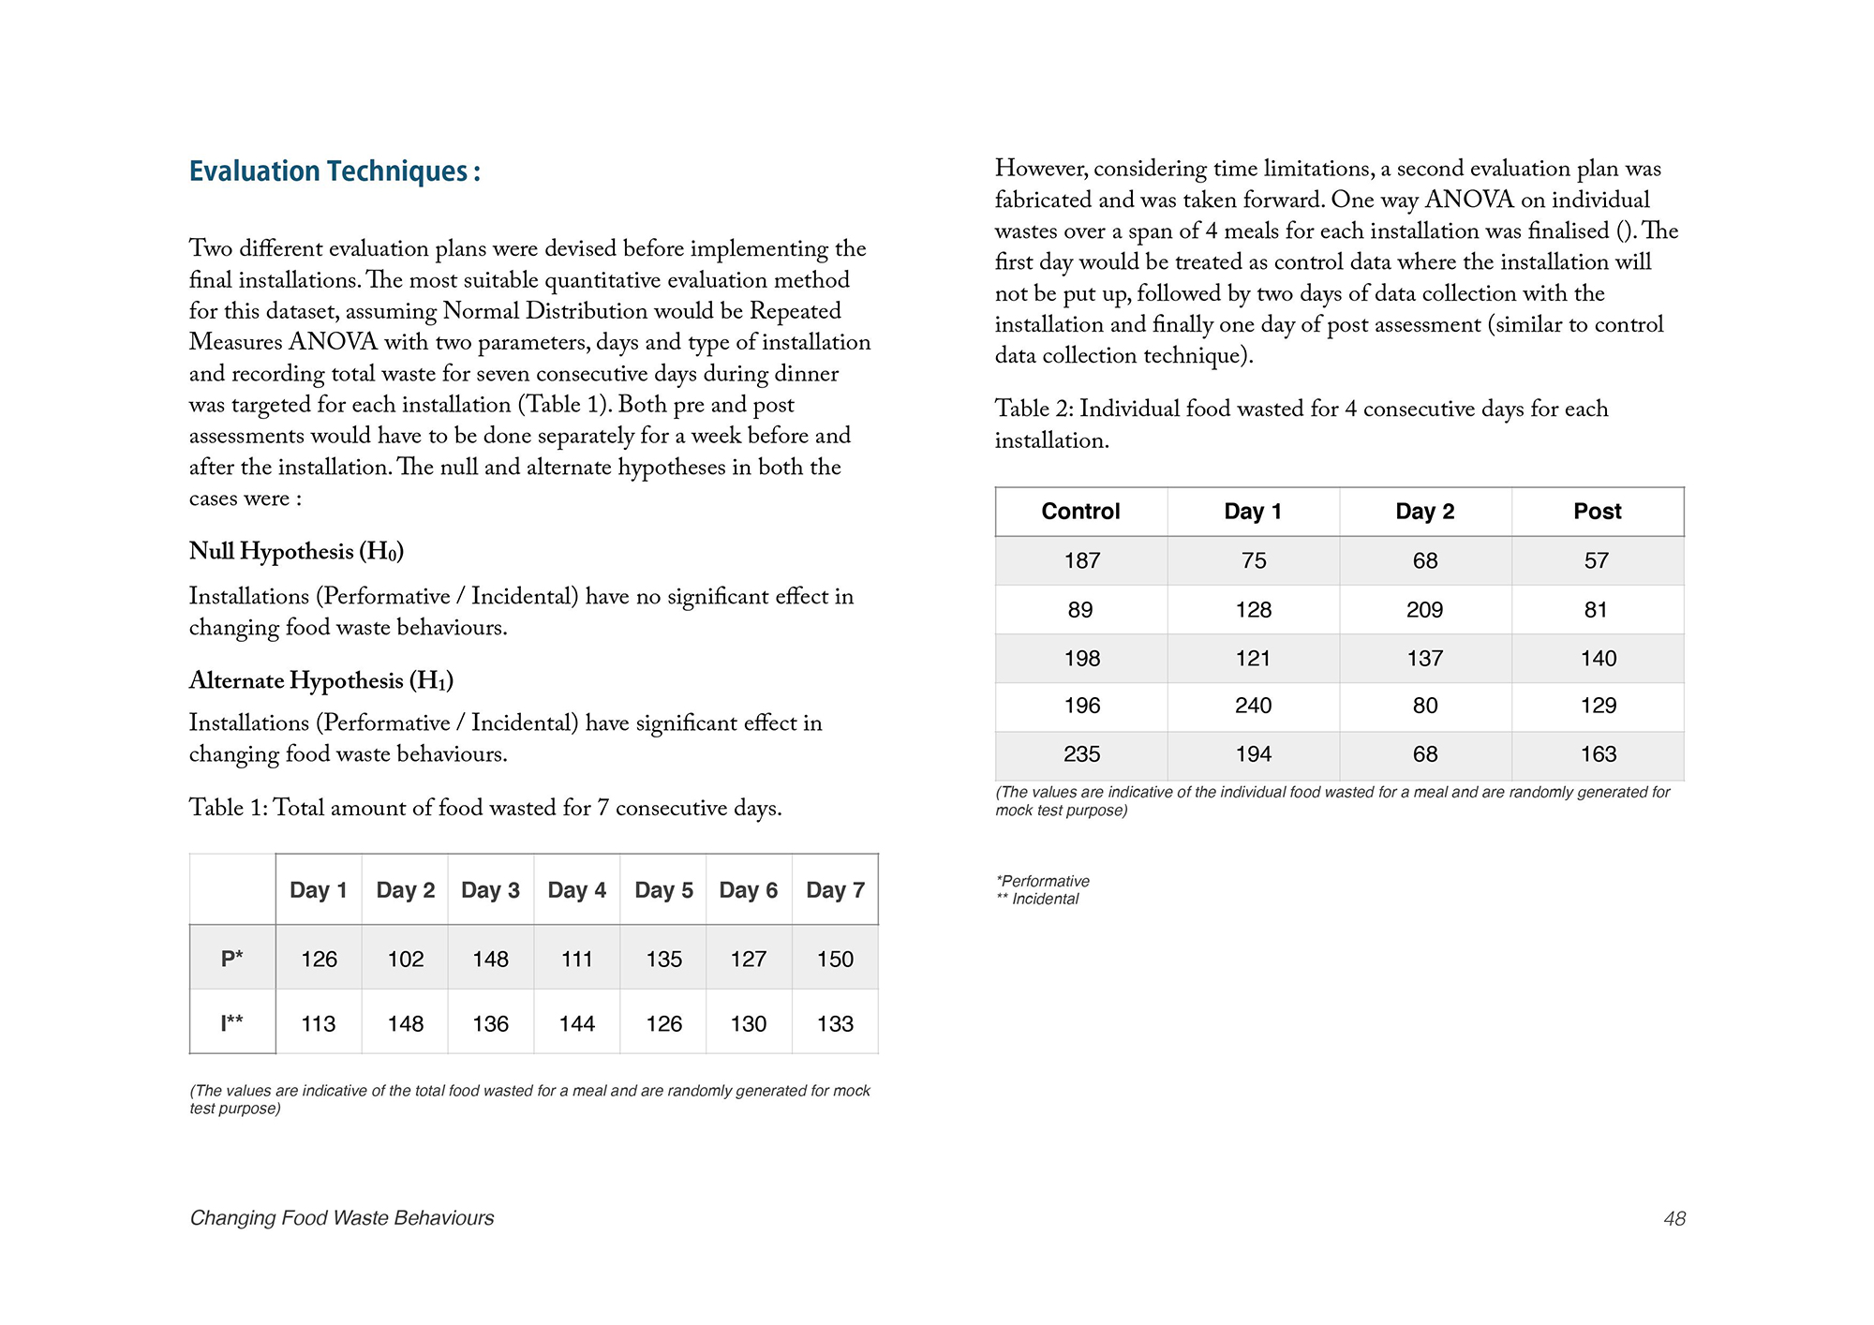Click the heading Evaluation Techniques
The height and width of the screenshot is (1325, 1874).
tap(335, 171)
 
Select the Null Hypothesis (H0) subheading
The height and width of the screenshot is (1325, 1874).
tap(296, 551)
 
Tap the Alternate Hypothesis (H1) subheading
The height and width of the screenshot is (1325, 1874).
tap(320, 680)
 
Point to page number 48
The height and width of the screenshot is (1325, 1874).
tap(1674, 1218)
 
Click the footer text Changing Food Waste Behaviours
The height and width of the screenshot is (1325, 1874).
tap(342, 1217)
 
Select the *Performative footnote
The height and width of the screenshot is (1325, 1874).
tap(1043, 881)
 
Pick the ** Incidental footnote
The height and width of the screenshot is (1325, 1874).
tap(1037, 899)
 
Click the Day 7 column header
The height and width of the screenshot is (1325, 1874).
tap(835, 889)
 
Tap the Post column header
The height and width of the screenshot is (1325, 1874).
tap(1597, 511)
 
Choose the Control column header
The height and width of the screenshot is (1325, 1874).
tap(1080, 511)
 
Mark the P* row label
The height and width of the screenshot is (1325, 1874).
tap(231, 959)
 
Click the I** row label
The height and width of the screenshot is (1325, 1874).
tap(231, 1023)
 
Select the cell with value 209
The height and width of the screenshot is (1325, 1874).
tap(1424, 610)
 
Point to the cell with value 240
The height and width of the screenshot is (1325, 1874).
tap(1253, 706)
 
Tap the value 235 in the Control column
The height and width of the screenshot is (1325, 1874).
tap(1081, 754)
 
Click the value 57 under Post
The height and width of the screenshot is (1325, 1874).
tap(1597, 560)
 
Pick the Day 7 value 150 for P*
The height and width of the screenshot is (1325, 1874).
tap(835, 959)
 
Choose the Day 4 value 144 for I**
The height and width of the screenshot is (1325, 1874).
tap(576, 1023)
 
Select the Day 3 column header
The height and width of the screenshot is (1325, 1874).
tap(490, 889)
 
